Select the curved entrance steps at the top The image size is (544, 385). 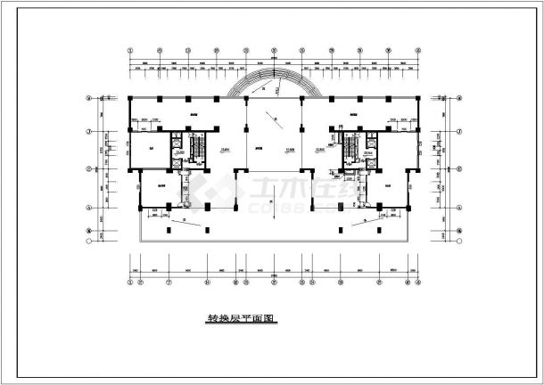point(264,84)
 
